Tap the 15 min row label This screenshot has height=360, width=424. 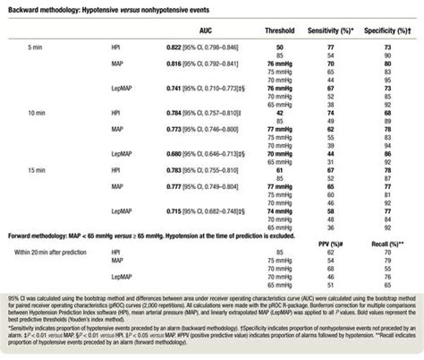click(36, 169)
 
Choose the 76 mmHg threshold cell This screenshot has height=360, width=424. click(284, 65)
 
